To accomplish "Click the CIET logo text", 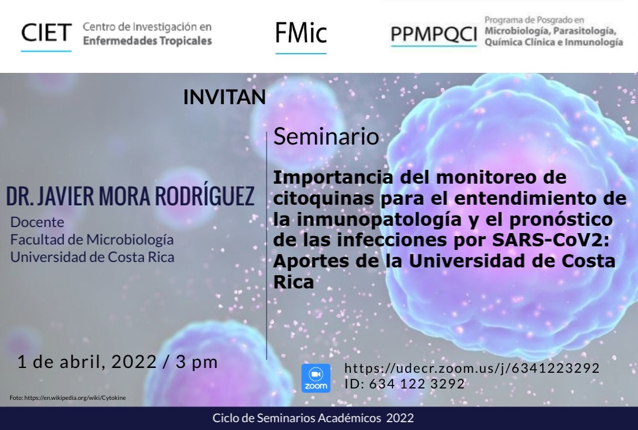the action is [x=46, y=33].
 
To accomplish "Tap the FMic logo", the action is [x=301, y=33].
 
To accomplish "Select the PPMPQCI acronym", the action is [x=434, y=34].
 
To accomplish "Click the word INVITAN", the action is [x=224, y=97].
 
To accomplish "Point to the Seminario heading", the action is [x=326, y=136].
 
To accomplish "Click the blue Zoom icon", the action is [x=316, y=378].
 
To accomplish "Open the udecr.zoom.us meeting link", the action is [x=472, y=368].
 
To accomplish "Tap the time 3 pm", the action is [x=197, y=362].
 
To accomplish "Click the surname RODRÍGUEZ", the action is [x=204, y=196].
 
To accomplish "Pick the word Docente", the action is [x=37, y=222].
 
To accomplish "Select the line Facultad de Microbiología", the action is [x=92, y=240].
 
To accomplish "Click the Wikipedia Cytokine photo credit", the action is [x=68, y=398].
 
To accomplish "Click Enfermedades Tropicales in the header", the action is [x=147, y=40].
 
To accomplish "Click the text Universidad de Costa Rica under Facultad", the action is [x=92, y=257].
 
